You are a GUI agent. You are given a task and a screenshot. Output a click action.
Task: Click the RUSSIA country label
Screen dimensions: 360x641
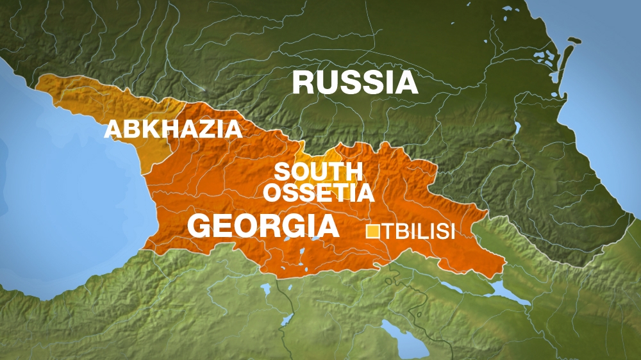point(355,83)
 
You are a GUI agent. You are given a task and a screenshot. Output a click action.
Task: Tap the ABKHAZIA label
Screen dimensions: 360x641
point(173,129)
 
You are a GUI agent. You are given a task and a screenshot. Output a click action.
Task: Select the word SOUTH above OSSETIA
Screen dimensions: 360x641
point(319,172)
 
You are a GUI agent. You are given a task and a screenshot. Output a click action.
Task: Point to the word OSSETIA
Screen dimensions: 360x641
point(319,192)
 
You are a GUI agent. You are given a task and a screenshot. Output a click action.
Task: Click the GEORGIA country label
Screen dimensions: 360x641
point(263,226)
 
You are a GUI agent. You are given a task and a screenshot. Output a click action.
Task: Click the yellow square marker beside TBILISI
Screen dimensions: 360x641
point(372,231)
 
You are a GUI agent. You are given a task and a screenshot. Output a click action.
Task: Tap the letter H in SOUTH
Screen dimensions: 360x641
point(354,172)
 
